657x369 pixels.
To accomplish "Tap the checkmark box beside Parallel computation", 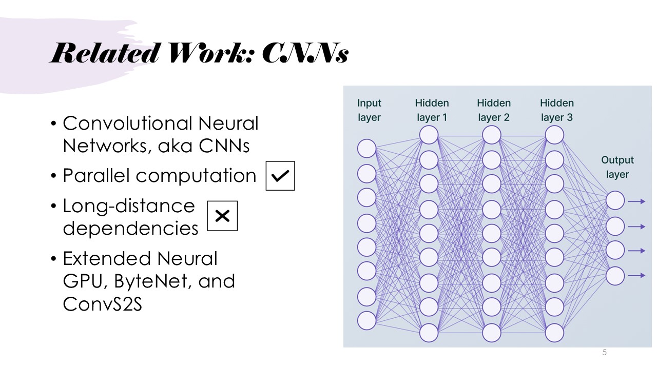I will pyautogui.click(x=280, y=176).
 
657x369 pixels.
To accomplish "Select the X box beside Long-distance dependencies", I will pyautogui.click(x=222, y=216).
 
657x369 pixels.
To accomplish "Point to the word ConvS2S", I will pyautogui.click(x=102, y=304).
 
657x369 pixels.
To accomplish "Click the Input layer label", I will pyautogui.click(x=369, y=110).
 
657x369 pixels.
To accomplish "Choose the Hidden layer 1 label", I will pyautogui.click(x=432, y=110).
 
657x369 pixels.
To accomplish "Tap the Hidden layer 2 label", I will pyautogui.click(x=494, y=110).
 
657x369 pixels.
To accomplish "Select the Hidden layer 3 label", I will pyautogui.click(x=557, y=110).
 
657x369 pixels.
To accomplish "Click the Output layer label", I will pyautogui.click(x=617, y=167).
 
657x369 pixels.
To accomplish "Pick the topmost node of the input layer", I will pyautogui.click(x=367, y=149).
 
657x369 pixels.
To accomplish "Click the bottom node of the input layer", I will pyautogui.click(x=367, y=320).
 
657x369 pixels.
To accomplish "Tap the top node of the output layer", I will pyautogui.click(x=615, y=201).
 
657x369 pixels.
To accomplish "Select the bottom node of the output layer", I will pyautogui.click(x=615, y=276).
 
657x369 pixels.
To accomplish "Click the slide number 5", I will pyautogui.click(x=605, y=353).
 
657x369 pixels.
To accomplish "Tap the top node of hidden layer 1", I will pyautogui.click(x=429, y=135).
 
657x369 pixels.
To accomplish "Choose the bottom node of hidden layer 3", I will pyautogui.click(x=554, y=333).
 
